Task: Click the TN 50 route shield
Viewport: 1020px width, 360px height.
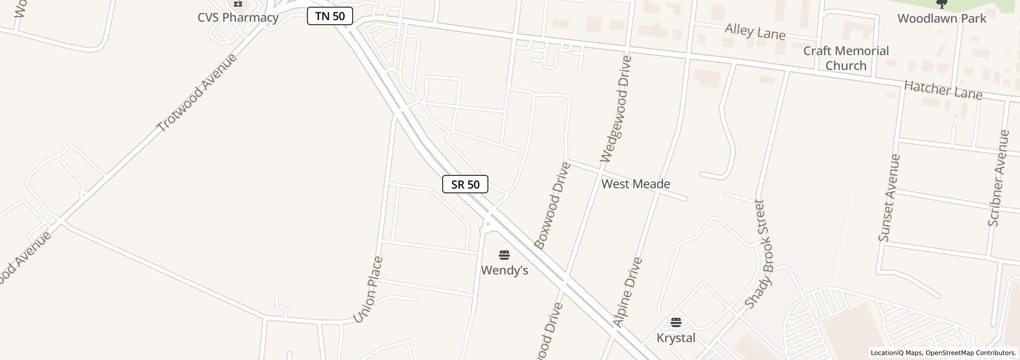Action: tap(330, 16)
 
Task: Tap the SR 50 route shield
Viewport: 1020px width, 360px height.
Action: tap(465, 184)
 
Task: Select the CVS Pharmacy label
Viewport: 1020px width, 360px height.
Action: tap(238, 17)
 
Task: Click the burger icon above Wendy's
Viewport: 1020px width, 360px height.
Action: tap(504, 255)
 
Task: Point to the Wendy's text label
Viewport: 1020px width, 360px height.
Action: tap(504, 270)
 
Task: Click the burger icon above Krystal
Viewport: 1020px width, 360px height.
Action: tap(676, 322)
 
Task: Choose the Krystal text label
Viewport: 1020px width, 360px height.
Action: tap(676, 338)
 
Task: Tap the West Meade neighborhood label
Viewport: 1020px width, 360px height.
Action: tap(635, 184)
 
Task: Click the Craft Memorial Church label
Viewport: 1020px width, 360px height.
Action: tap(846, 58)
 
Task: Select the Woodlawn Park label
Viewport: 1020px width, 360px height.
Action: tap(942, 19)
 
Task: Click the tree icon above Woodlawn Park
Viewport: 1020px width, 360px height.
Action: tap(942, 4)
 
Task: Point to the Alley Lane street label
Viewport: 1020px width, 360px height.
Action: tap(755, 32)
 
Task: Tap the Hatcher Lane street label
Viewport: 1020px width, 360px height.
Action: tap(943, 91)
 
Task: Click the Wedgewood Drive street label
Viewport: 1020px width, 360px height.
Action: tap(615, 109)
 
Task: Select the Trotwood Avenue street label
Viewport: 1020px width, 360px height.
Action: tap(197, 93)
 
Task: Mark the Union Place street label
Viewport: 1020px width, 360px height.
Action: tap(368, 290)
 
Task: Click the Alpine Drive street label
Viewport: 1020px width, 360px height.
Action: tap(628, 292)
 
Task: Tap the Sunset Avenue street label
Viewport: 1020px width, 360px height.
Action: tap(889, 197)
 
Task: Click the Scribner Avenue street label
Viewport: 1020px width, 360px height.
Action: tap(999, 178)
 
